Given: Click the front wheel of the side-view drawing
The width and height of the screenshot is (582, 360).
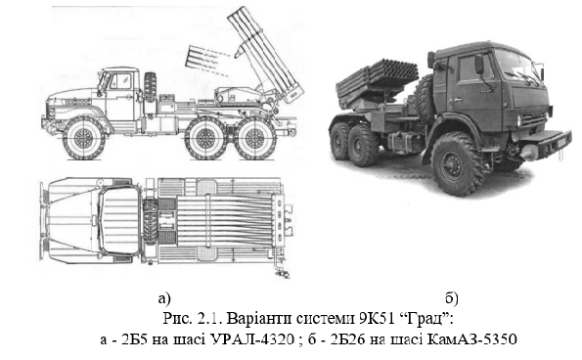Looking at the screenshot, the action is pyautogui.click(x=83, y=138).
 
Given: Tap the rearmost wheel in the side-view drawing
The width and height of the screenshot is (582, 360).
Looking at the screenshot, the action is pyautogui.click(x=254, y=138).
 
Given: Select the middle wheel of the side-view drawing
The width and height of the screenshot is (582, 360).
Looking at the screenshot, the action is pyautogui.click(x=206, y=138).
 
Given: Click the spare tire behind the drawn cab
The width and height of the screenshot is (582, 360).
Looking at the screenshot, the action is pyautogui.click(x=151, y=88).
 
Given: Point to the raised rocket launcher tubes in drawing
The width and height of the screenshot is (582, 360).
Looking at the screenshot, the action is pyautogui.click(x=265, y=54).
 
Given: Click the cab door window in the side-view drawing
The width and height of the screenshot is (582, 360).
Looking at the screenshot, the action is pyautogui.click(x=121, y=81).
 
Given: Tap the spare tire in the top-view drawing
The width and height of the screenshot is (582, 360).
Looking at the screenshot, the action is pyautogui.click(x=150, y=221).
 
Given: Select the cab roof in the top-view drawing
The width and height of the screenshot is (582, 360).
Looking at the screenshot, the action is pyautogui.click(x=118, y=220).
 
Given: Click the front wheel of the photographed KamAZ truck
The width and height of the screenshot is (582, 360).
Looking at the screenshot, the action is pyautogui.click(x=458, y=164).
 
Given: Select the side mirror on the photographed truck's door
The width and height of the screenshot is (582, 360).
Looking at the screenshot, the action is pyautogui.click(x=479, y=64).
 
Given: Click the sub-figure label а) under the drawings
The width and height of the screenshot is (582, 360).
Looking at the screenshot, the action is pyautogui.click(x=163, y=298).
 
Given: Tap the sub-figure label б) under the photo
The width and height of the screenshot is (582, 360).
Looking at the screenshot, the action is pyautogui.click(x=452, y=297).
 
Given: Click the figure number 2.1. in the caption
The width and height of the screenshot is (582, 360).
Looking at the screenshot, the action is pyautogui.click(x=209, y=319).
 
